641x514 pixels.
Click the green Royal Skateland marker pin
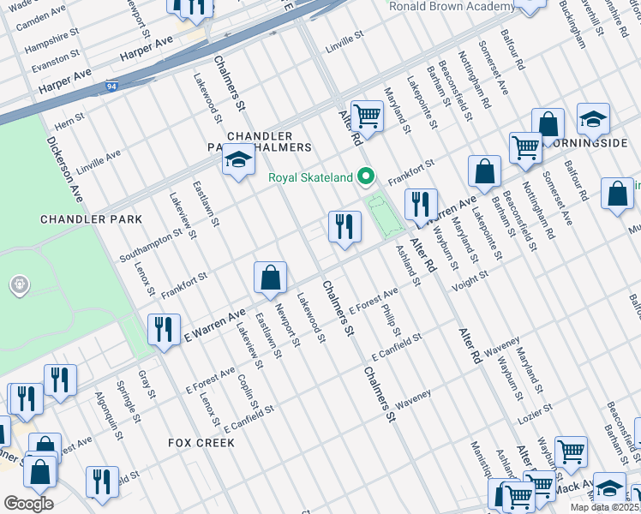point(367,178)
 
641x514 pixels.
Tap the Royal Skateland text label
point(310,178)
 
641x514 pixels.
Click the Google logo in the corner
point(28,503)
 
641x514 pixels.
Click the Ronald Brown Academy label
point(452,7)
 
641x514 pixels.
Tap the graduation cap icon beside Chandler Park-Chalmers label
point(238,160)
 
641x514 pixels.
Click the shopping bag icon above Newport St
point(270,278)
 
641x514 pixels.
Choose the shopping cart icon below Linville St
point(367,116)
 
